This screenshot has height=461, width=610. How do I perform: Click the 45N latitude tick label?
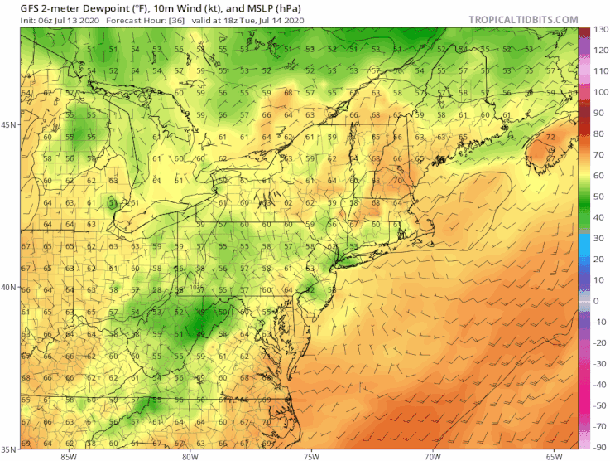click(9, 125)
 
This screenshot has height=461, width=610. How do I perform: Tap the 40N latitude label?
click(9, 288)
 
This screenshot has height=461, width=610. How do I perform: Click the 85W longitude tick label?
click(68, 455)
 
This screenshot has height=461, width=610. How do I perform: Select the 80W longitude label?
click(190, 455)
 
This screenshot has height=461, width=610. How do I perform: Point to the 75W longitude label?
click(310, 455)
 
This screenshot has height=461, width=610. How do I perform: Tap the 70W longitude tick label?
click(431, 455)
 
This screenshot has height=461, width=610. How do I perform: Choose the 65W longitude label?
click(552, 455)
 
